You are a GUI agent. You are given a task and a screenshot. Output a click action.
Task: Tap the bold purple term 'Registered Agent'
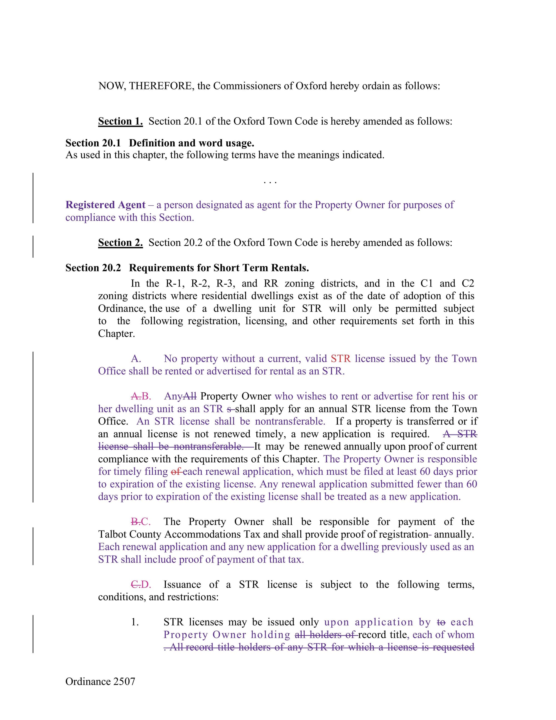(x=105, y=205)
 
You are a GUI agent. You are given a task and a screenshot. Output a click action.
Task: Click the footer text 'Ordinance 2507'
(x=100, y=681)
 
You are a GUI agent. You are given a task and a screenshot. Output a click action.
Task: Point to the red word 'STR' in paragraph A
(x=341, y=359)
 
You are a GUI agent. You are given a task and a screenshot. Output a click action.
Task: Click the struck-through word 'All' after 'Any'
(x=189, y=396)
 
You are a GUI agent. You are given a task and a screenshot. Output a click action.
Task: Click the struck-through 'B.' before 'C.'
(x=135, y=522)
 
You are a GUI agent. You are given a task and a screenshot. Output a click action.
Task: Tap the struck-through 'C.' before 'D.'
(x=135, y=585)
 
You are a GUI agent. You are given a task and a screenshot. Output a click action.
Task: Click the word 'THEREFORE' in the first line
(x=161, y=86)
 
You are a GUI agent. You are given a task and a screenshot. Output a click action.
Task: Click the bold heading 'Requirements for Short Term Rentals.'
(x=219, y=268)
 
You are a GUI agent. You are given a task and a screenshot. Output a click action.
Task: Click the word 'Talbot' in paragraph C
(x=112, y=534)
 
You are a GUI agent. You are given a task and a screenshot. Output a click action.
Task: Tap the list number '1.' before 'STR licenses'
(x=135, y=622)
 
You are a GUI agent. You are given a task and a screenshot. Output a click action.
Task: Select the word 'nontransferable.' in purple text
(x=290, y=421)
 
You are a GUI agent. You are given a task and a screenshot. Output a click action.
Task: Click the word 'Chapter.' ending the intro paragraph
(x=116, y=334)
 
